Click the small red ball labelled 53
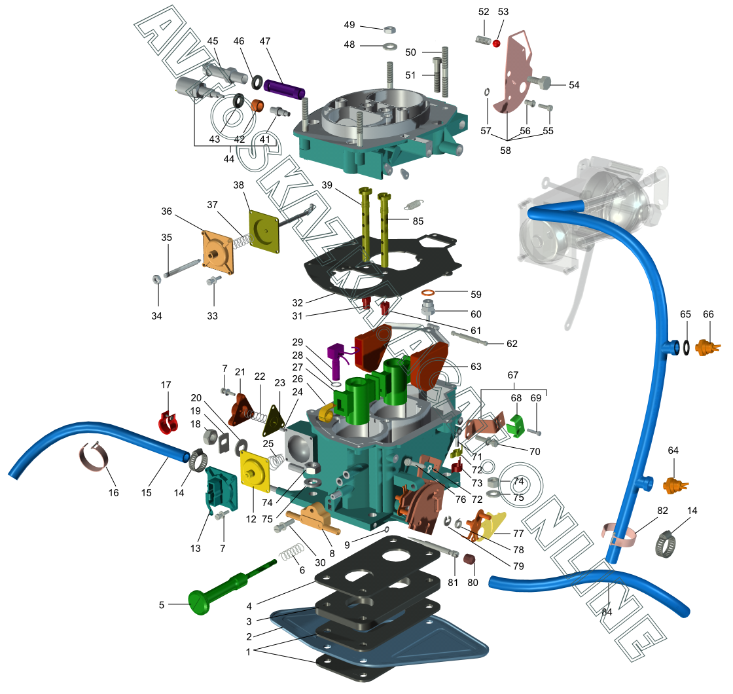(496, 43)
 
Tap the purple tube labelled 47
(285, 89)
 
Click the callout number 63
(476, 366)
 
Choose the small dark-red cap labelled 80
(469, 558)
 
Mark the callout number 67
(513, 374)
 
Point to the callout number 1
(248, 652)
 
